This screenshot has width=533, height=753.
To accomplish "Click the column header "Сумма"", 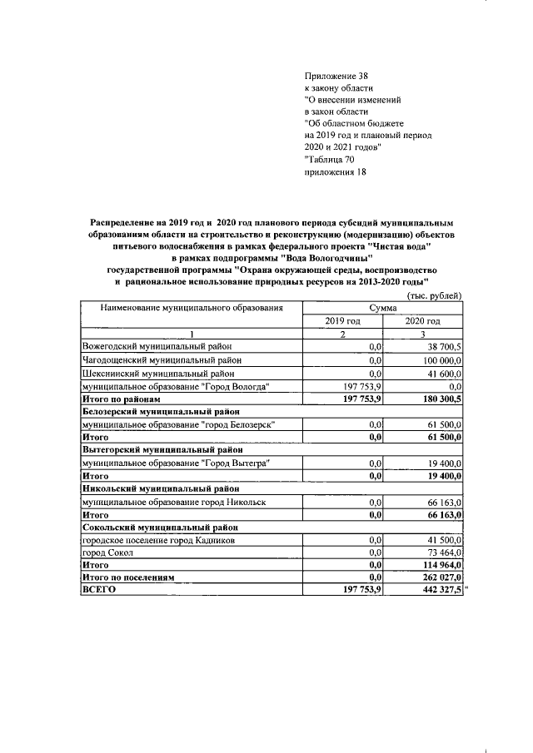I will coord(382,308).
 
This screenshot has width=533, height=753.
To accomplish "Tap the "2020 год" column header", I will coord(422,320).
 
